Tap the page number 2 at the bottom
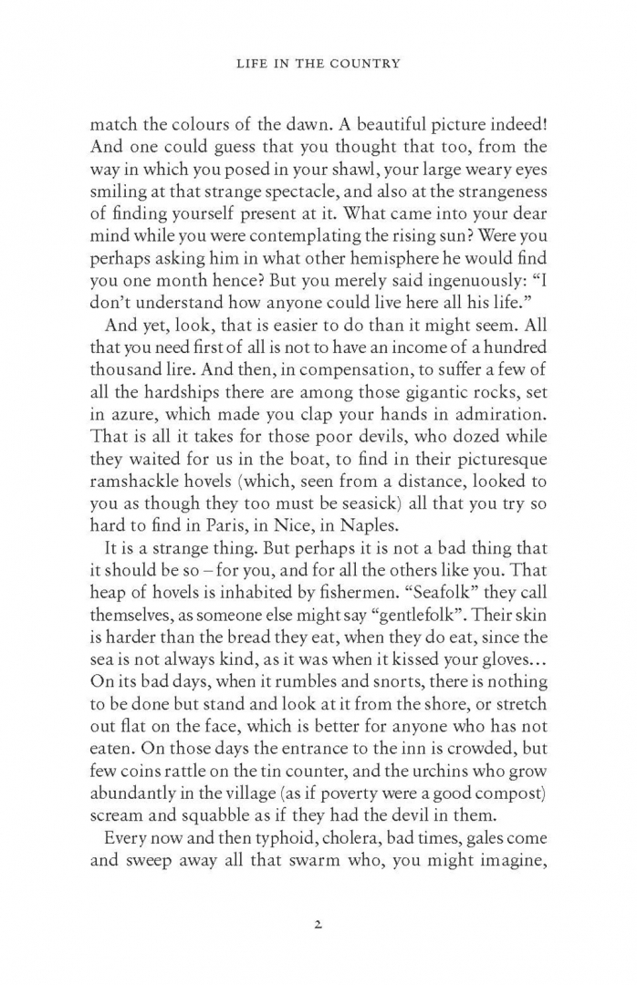click(x=318, y=924)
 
